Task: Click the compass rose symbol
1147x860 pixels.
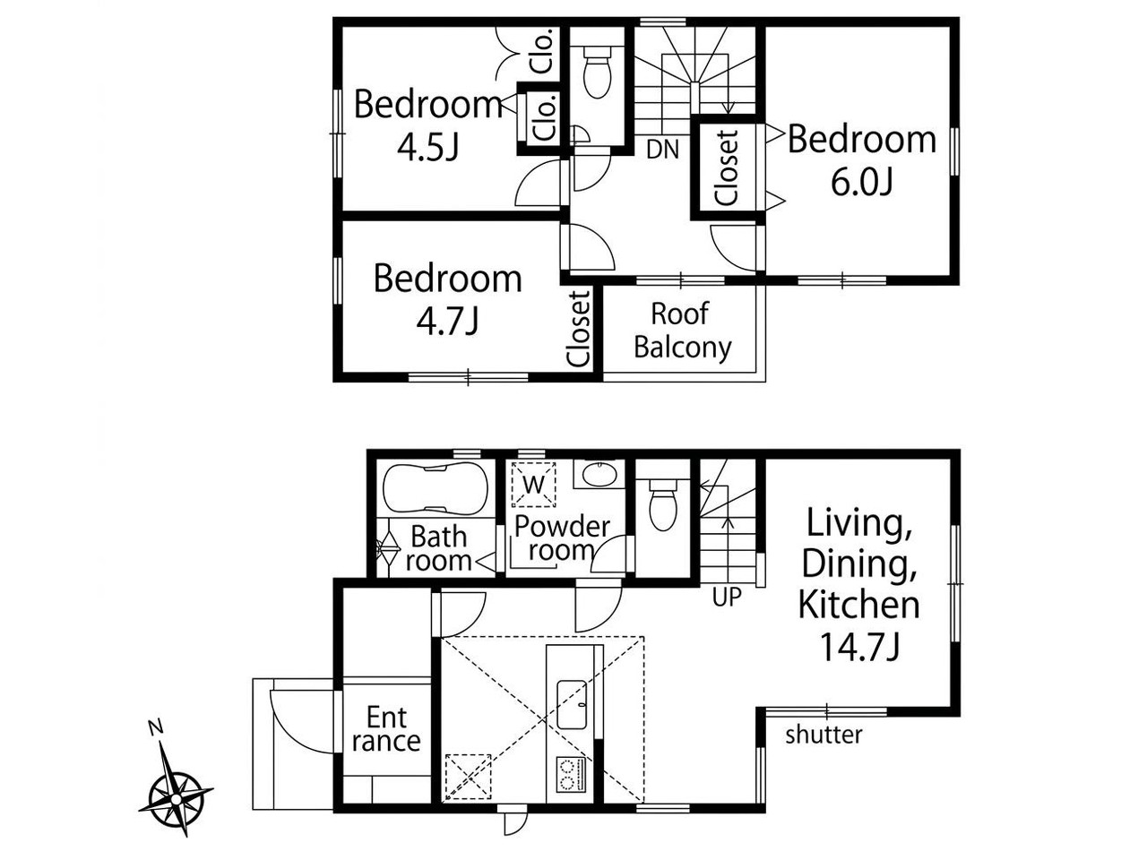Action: click(x=177, y=799)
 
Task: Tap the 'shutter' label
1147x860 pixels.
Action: click(x=824, y=735)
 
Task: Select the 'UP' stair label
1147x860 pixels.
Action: click(x=727, y=598)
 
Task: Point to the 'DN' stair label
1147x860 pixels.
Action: click(x=662, y=150)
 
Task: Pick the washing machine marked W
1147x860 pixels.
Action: click(x=533, y=485)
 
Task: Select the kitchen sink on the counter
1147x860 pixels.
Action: click(x=572, y=705)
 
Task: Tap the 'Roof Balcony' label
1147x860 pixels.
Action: click(x=683, y=331)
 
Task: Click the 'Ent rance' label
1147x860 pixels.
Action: click(x=386, y=728)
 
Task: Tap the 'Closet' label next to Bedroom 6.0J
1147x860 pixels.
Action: click(x=727, y=168)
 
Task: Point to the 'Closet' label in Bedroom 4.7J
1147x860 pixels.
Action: click(x=579, y=329)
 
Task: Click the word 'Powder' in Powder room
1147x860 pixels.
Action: click(x=562, y=527)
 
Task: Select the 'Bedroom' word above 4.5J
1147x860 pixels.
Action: click(x=429, y=104)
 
